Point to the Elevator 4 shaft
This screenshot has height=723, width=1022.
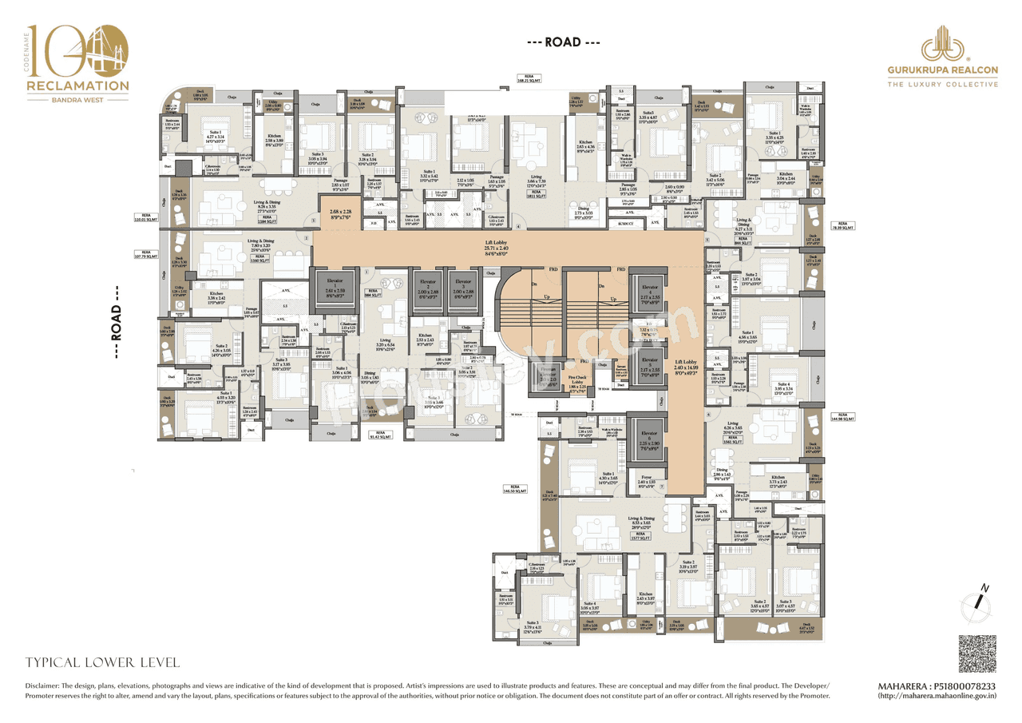pyautogui.click(x=650, y=296)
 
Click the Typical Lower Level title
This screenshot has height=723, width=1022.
pyautogui.click(x=103, y=662)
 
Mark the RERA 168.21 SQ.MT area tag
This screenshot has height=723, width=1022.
pyautogui.click(x=529, y=78)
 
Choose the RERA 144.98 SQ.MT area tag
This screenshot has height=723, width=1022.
pyautogui.click(x=843, y=416)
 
